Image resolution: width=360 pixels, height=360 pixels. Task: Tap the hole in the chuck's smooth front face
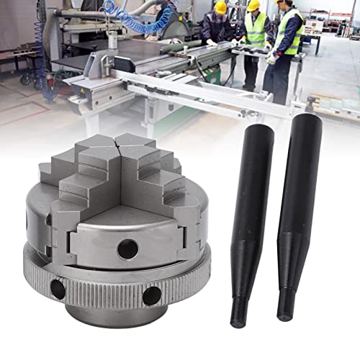pyautogui.click(x=127, y=249)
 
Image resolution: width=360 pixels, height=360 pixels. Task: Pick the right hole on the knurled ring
pyautogui.click(x=152, y=295)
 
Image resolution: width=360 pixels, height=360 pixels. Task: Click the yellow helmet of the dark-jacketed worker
pyautogui.click(x=220, y=6)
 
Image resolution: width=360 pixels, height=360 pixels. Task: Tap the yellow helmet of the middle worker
pyautogui.click(x=253, y=6)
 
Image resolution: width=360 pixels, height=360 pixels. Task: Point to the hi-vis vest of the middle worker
pyautogui.click(x=255, y=30)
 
